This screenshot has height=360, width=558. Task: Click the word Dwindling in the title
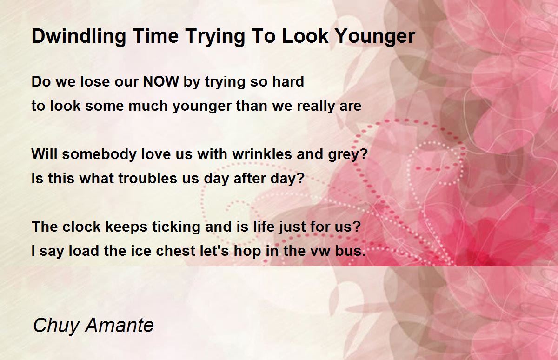[x=79, y=37]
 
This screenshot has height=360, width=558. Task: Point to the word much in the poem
[x=148, y=106]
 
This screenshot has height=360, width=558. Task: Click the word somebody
[x=99, y=154]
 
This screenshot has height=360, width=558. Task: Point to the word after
[x=250, y=178]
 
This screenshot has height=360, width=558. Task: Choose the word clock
[x=81, y=227]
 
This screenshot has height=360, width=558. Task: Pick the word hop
[x=247, y=251]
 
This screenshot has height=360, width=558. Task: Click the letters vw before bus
[x=320, y=252]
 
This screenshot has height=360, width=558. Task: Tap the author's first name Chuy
[x=56, y=326]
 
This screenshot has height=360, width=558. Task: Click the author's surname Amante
[x=120, y=326]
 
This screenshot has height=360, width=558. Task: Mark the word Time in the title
[x=155, y=36]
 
